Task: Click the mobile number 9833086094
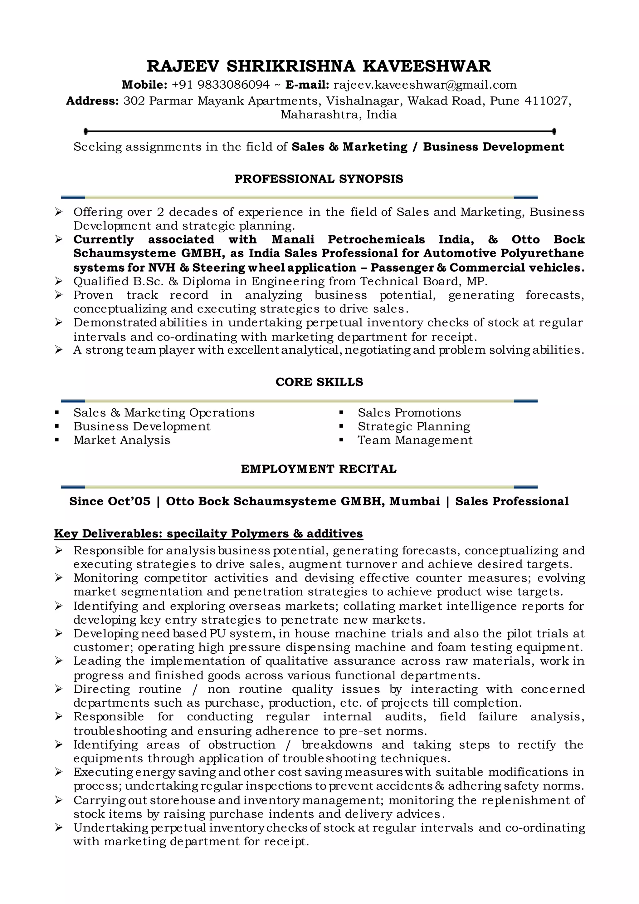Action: click(233, 85)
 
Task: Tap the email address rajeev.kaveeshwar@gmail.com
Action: click(425, 85)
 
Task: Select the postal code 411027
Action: click(547, 101)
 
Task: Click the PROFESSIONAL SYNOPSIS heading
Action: click(319, 179)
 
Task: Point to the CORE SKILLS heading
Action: click(319, 382)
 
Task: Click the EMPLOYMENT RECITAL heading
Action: click(319, 469)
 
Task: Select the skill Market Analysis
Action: click(122, 440)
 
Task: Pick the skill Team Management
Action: click(415, 440)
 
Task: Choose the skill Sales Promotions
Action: click(409, 413)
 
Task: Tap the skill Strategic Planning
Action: click(413, 426)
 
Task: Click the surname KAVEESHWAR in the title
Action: click(427, 66)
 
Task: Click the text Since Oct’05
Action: click(110, 501)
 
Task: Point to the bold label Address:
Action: click(92, 101)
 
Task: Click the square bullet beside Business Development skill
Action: click(57, 426)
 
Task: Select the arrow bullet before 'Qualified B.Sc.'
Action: click(59, 281)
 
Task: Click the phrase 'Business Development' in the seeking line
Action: click(493, 147)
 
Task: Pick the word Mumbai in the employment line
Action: click(415, 501)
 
